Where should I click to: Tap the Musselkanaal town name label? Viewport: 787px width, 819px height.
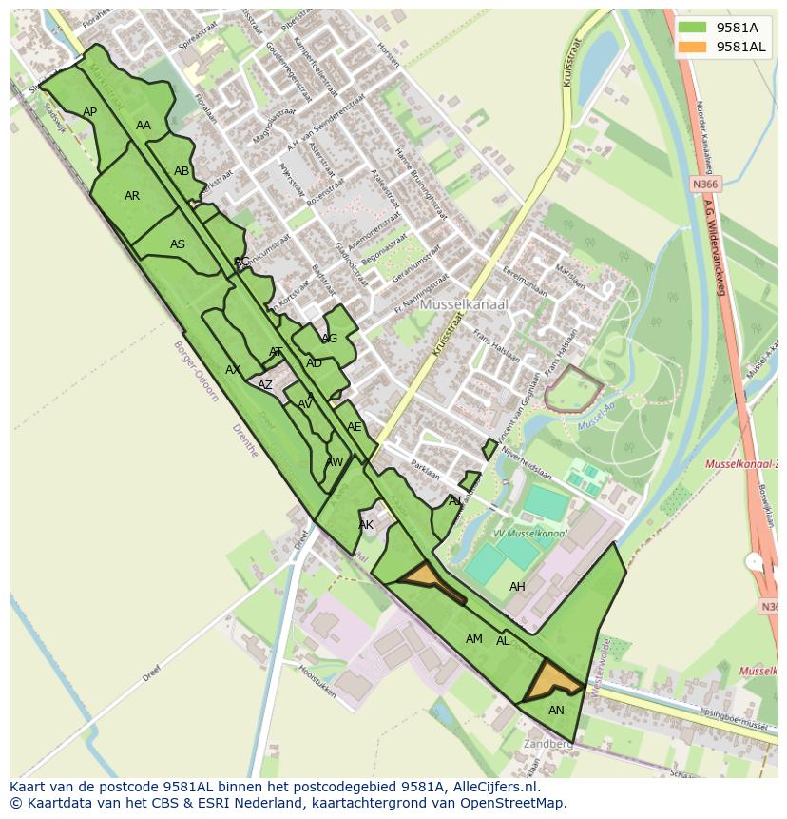(464, 304)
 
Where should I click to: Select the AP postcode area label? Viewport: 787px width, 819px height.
(90, 112)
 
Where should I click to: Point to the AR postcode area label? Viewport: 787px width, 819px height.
(132, 196)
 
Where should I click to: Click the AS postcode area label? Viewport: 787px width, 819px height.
(178, 244)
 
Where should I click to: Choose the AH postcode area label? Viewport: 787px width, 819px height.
(517, 587)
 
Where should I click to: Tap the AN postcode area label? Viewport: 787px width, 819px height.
(556, 711)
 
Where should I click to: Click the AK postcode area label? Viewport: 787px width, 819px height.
(366, 525)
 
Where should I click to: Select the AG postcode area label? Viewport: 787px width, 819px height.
(329, 339)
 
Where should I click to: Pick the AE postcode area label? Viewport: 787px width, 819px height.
(355, 427)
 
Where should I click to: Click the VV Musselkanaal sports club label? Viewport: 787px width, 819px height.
(529, 534)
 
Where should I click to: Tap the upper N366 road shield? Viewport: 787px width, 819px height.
(705, 185)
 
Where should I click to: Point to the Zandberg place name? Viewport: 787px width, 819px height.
(547, 744)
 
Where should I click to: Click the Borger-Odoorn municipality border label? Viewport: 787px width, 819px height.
(197, 371)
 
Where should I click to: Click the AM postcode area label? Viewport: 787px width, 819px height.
(474, 639)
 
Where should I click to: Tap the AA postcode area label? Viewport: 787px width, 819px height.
(144, 126)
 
